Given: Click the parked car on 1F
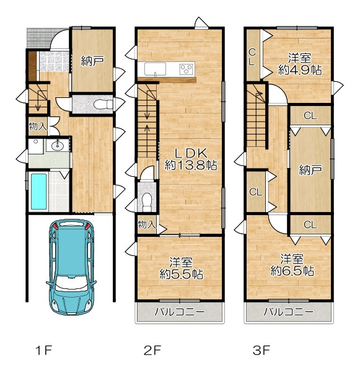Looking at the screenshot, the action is pyautogui.click(x=71, y=267).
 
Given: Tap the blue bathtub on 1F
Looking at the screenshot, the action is pyautogui.click(x=38, y=192).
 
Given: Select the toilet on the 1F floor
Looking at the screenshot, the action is pyautogui.click(x=103, y=104).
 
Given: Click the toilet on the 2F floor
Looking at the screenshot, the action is pyautogui.click(x=147, y=202).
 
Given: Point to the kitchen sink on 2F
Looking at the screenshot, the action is pyautogui.click(x=155, y=69).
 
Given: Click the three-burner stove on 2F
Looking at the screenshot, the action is pyautogui.click(x=187, y=69).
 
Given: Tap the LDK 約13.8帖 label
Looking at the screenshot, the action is pyautogui.click(x=191, y=159).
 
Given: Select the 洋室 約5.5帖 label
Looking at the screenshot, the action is pyautogui.click(x=181, y=268).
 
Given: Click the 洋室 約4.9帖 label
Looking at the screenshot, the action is pyautogui.click(x=300, y=64).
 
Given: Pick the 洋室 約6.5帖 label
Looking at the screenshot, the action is pyautogui.click(x=292, y=265).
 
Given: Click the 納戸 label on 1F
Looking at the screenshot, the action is pyautogui.click(x=92, y=61).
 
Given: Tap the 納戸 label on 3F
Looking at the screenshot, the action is pyautogui.click(x=310, y=170).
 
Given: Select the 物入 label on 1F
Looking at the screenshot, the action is pyautogui.click(x=38, y=126).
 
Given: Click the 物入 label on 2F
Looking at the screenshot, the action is pyautogui.click(x=147, y=224).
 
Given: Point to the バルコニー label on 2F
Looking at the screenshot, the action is pyautogui.click(x=179, y=312).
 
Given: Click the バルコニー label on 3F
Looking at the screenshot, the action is pyautogui.click(x=289, y=312).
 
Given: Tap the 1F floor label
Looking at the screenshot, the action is pyautogui.click(x=43, y=350).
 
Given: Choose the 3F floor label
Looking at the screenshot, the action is pyautogui.click(x=261, y=350).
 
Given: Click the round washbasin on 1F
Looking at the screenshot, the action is pyautogui.click(x=57, y=145).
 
